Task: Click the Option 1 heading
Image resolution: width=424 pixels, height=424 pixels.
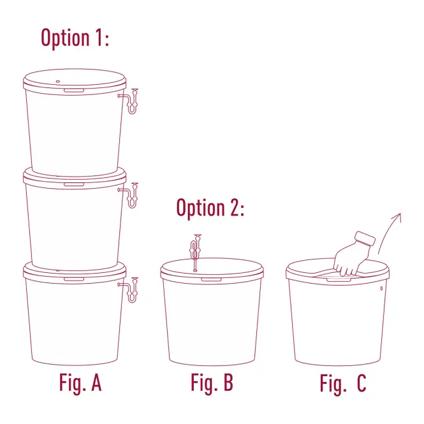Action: click(75, 38)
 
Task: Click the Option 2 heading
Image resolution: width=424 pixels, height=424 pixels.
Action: click(210, 208)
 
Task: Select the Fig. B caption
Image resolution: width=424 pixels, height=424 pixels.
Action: click(212, 383)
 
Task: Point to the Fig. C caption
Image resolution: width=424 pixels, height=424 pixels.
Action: click(343, 384)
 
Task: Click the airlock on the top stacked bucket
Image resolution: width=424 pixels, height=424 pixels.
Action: click(131, 101)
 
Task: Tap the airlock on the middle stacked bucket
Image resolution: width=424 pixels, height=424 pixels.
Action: click(131, 196)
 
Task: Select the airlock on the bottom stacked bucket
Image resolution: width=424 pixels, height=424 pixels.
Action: click(131, 290)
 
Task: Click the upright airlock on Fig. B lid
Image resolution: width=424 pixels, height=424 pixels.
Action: click(196, 252)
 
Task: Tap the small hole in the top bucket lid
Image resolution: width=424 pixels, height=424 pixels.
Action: click(58, 82)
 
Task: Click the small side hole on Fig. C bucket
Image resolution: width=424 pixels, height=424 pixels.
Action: click(381, 289)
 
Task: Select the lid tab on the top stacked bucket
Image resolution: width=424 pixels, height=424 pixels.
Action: click(74, 91)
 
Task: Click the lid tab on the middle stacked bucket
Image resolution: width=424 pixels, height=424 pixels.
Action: click(74, 185)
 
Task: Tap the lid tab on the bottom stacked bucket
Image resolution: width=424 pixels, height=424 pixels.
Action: click(74, 279)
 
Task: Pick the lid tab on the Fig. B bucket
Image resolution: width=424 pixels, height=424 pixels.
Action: click(211, 279)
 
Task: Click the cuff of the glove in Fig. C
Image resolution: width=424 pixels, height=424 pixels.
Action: click(365, 238)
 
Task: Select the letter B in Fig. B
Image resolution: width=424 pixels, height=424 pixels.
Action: click(228, 382)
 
